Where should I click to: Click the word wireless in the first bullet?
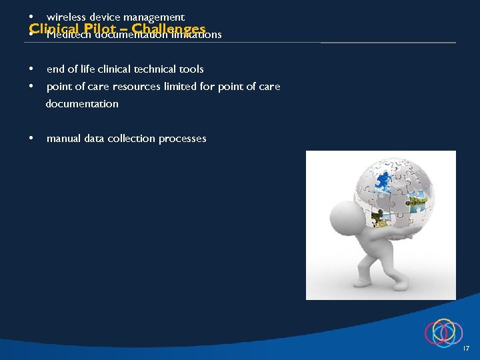[x=65, y=17]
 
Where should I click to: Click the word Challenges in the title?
[x=169, y=29]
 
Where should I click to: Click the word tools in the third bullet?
[x=191, y=69]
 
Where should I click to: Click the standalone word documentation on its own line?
[x=82, y=103]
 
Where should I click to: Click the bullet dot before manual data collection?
[x=31, y=139]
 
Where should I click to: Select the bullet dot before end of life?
[x=31, y=69]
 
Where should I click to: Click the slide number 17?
[x=466, y=349]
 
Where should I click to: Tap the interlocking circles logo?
[x=443, y=332]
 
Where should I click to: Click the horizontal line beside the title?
[x=388, y=43]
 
